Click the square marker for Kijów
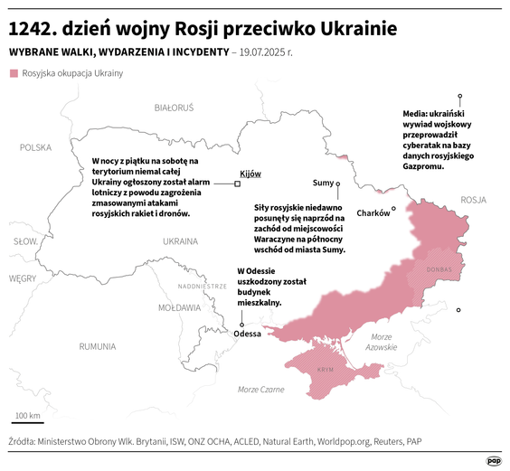(237, 184)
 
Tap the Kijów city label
(250, 173)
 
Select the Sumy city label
(322, 183)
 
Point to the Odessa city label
(247, 334)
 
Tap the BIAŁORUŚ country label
(174, 108)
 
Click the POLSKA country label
(36, 146)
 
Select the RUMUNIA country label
(97, 346)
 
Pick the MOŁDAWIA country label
(179, 307)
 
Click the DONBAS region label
(439, 268)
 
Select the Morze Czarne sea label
(260, 389)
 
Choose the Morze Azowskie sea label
(382, 342)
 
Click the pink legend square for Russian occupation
(13, 73)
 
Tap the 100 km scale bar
(27, 421)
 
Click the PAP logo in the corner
(494, 460)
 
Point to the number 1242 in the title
(33, 28)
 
